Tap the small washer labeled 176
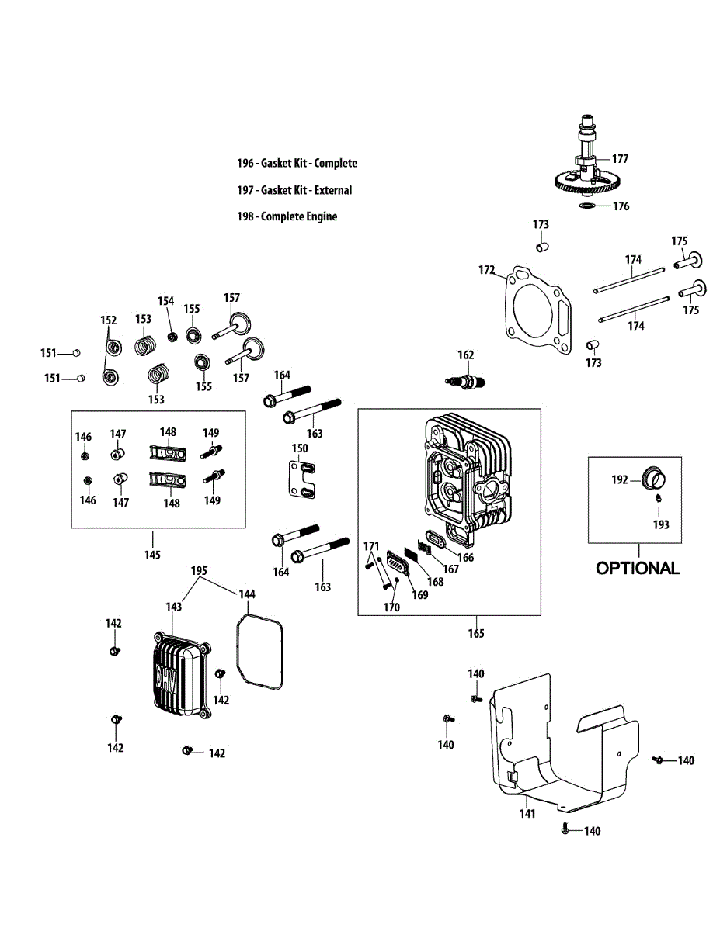589,206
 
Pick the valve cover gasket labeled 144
259,652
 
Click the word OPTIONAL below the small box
638,568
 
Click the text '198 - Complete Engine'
287,216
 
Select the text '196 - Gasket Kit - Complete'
297,163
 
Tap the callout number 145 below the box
152,555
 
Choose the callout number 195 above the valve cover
200,571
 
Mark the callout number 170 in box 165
391,607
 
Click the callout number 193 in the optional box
660,524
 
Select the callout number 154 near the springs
166,301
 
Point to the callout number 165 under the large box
476,633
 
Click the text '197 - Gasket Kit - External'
294,190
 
